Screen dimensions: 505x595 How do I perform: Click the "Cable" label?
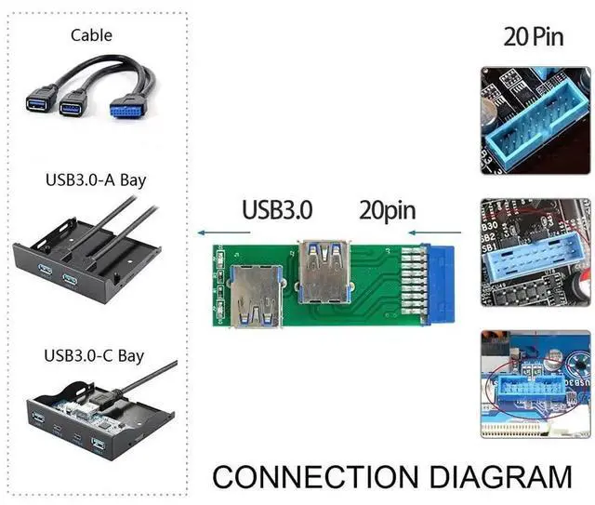(x=92, y=35)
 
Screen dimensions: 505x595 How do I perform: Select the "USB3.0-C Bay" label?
(x=95, y=354)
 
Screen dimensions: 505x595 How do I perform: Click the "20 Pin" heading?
(x=534, y=36)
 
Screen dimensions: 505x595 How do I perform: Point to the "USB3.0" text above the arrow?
(x=278, y=209)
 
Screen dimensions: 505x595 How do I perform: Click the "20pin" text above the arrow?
(x=387, y=209)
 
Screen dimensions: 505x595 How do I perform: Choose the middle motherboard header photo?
(x=534, y=252)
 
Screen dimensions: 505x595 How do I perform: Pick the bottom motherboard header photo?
(x=534, y=383)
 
